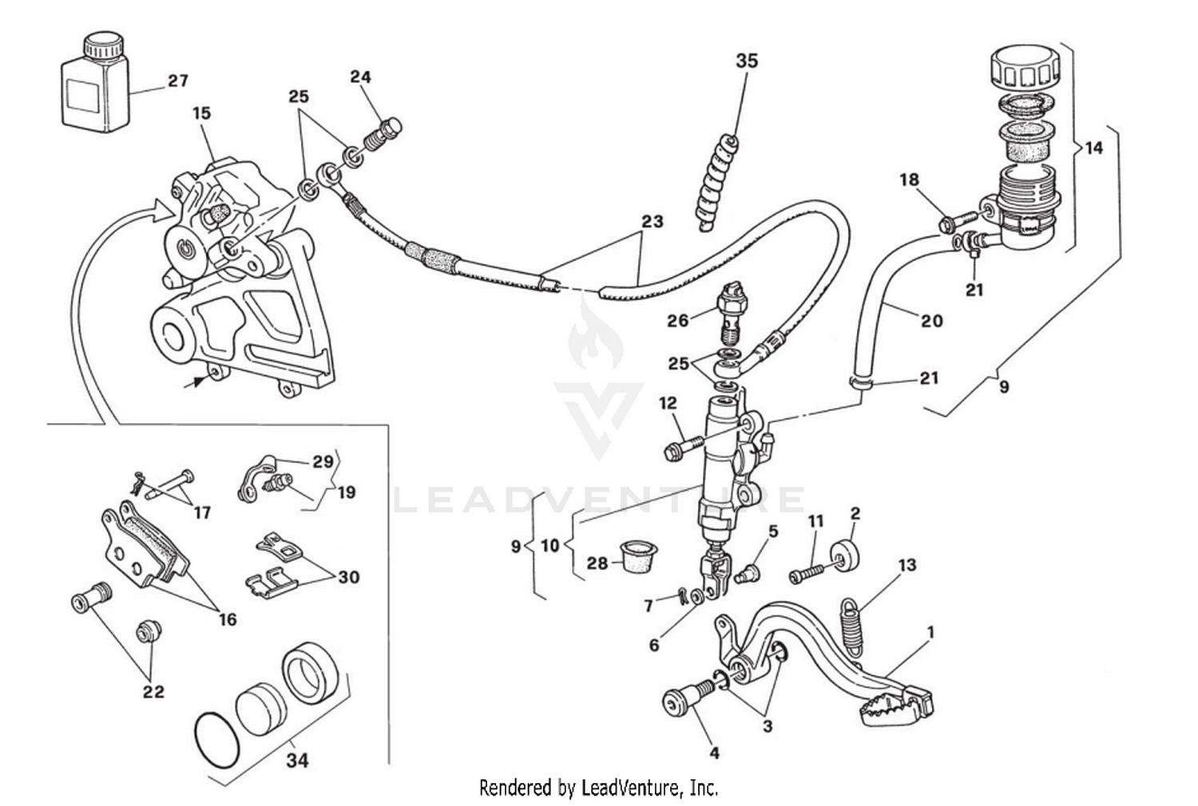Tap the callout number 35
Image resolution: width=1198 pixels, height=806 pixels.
747,61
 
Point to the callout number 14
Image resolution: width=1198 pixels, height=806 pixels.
1093,148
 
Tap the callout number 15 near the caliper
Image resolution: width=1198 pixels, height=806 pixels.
202,113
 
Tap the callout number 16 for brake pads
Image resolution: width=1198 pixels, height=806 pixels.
228,619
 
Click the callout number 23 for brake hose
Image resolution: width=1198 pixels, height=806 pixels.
653,221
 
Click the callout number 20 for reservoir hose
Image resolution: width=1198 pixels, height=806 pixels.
932,321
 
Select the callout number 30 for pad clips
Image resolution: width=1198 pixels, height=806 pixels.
348,577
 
